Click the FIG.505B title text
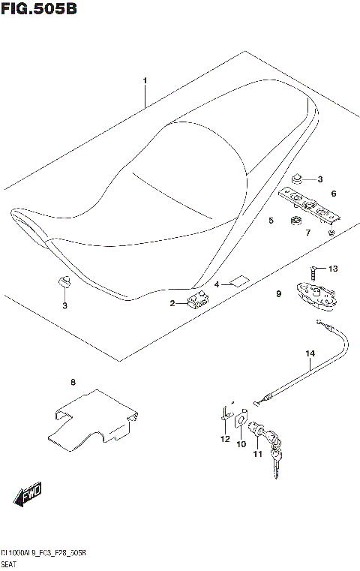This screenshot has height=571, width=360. (39, 9)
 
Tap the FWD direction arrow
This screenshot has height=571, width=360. (27, 494)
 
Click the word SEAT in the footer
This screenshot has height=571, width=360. (10, 563)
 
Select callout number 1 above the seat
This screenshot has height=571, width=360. (145, 80)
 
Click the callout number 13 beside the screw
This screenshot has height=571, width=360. (334, 269)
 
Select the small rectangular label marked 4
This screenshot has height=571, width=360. (239, 282)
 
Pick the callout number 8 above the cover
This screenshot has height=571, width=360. (73, 383)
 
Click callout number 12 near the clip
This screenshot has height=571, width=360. (224, 439)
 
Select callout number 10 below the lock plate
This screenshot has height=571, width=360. (241, 444)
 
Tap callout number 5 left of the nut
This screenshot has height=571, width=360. (271, 221)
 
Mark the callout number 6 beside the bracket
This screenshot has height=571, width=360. (333, 194)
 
